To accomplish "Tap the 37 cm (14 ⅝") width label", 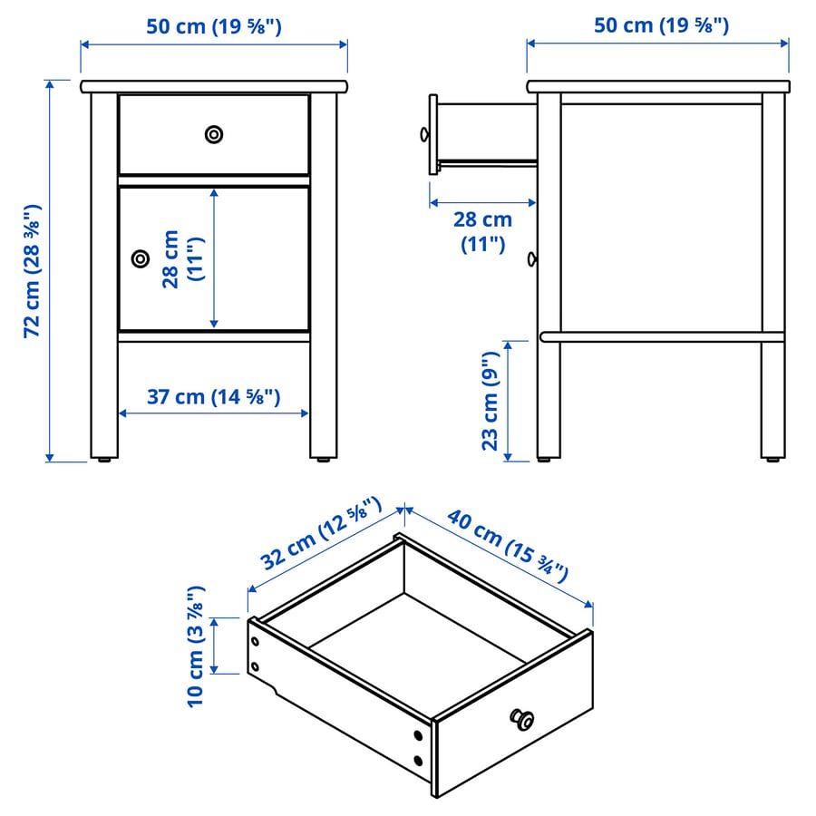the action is [x=213, y=397].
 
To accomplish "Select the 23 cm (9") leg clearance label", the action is [x=491, y=401].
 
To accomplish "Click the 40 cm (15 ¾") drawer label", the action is [x=508, y=546].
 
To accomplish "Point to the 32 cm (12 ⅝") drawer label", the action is [x=321, y=533].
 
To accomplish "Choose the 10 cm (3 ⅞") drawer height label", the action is [x=196, y=646].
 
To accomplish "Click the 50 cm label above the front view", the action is [x=214, y=26].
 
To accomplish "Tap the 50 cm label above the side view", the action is [x=662, y=25].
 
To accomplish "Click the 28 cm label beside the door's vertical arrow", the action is [x=183, y=259].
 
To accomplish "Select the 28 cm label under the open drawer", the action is [x=483, y=231].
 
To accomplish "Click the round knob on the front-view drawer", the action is [x=214, y=135].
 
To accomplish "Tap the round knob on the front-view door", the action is [x=141, y=258].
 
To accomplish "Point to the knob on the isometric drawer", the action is [x=521, y=719].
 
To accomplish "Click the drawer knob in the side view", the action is [x=424, y=135].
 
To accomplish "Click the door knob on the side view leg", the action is [x=532, y=258].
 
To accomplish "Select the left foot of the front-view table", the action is [x=104, y=460].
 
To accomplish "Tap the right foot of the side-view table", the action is [x=772, y=460].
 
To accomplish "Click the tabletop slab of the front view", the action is [x=214, y=86].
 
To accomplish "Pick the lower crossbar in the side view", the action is [x=662, y=336].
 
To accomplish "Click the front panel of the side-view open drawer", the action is [x=433, y=134].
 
